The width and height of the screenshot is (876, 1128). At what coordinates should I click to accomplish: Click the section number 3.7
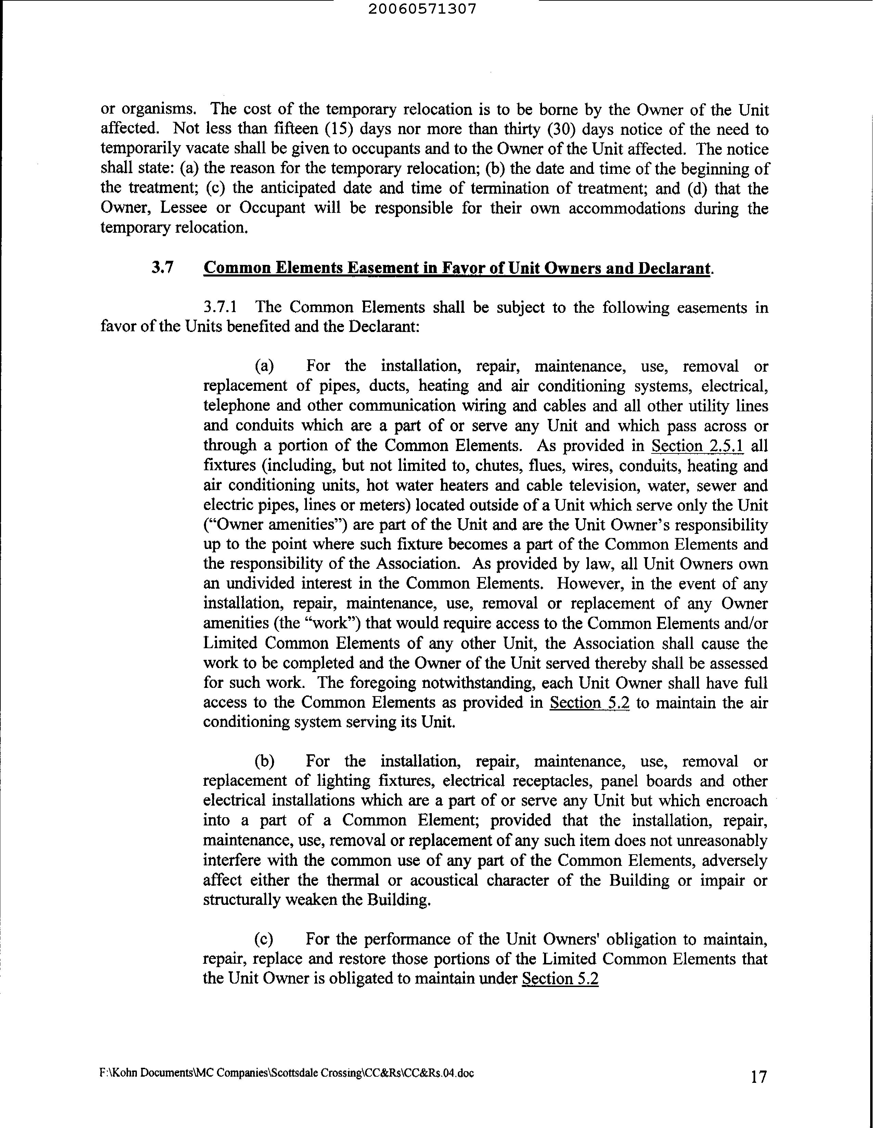click(163, 268)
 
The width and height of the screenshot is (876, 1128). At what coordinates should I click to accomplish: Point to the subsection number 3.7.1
click(221, 307)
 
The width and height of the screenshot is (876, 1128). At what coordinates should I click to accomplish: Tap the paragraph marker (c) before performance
click(264, 939)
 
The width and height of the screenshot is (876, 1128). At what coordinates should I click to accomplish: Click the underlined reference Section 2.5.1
click(697, 446)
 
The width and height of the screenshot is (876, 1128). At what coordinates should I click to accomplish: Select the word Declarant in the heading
click(673, 268)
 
